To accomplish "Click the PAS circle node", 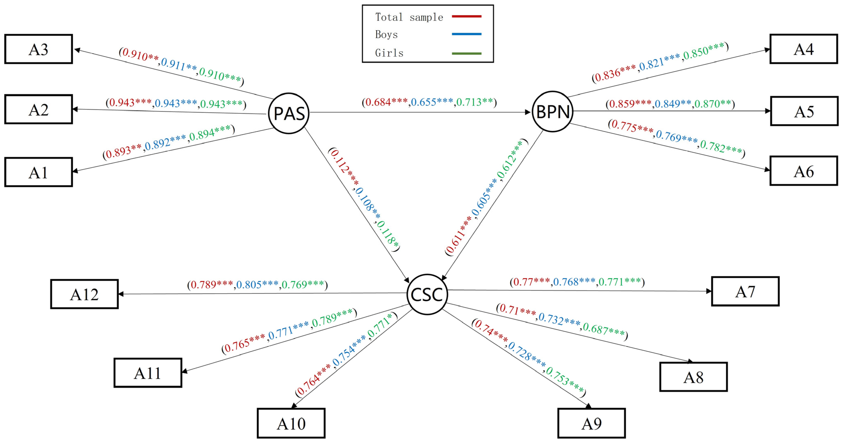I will (x=289, y=113).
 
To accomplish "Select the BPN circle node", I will (x=553, y=112).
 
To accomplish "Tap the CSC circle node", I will (x=427, y=294).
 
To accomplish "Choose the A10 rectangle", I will (x=291, y=423).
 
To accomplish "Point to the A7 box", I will (x=745, y=291).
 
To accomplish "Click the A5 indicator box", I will (x=804, y=111).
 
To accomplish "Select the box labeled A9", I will (x=591, y=423).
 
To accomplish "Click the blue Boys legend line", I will (x=467, y=34).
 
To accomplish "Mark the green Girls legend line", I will (x=467, y=53).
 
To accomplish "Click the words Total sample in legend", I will (x=409, y=17).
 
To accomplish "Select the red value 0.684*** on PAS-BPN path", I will (x=386, y=102).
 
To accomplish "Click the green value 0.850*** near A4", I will (x=703, y=52).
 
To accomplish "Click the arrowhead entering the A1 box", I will (x=75, y=171).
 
